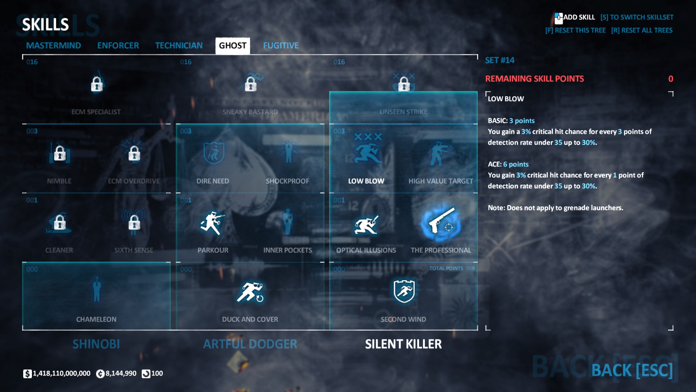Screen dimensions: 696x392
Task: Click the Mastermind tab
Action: (x=53, y=46)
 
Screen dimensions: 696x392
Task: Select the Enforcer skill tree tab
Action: (x=118, y=46)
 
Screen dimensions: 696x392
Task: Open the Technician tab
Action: (x=179, y=46)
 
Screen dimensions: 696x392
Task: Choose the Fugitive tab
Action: (x=281, y=46)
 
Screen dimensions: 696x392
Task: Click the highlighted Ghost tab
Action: (x=232, y=46)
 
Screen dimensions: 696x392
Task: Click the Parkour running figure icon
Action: (x=212, y=223)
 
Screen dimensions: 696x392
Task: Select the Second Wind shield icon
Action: (x=403, y=291)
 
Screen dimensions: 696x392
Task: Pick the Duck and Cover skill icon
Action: (x=250, y=292)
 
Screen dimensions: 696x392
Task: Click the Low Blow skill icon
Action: (x=367, y=152)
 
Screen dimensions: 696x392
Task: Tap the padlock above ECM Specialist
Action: (x=97, y=84)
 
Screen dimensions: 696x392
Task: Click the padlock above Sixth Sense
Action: (x=134, y=222)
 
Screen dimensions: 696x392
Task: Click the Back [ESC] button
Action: (x=632, y=370)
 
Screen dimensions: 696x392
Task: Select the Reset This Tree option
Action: (x=575, y=30)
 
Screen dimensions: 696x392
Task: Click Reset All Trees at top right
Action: (x=642, y=30)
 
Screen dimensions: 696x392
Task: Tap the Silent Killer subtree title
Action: (x=403, y=344)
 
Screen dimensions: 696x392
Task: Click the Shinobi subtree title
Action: (x=96, y=344)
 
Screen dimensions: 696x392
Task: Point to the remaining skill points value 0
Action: (x=671, y=79)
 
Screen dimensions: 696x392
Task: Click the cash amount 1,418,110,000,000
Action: (x=61, y=373)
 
